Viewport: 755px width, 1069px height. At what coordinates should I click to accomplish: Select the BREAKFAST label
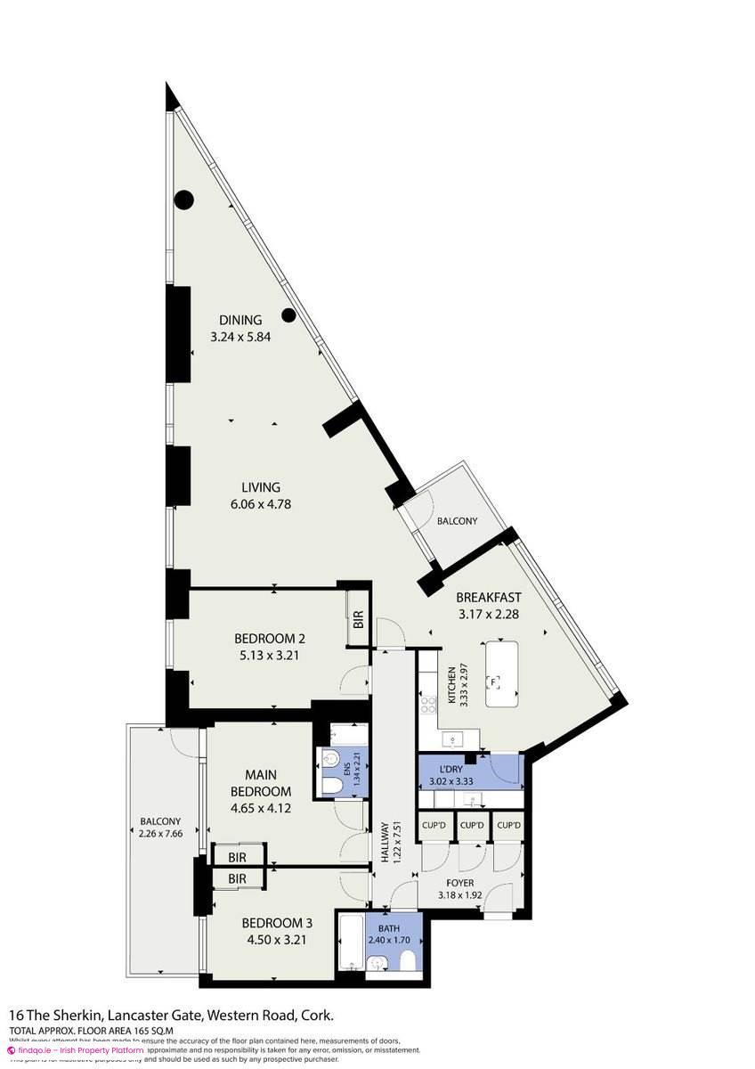pos(489,597)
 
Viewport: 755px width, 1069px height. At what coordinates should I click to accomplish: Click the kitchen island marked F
pos(505,673)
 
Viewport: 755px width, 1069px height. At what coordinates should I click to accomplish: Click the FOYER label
pos(459,883)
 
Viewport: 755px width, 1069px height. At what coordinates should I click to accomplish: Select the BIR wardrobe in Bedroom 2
pos(358,623)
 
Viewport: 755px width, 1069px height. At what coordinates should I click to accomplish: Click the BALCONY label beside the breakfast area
pos(456,521)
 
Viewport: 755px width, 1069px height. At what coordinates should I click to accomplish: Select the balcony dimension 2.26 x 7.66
pos(160,835)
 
